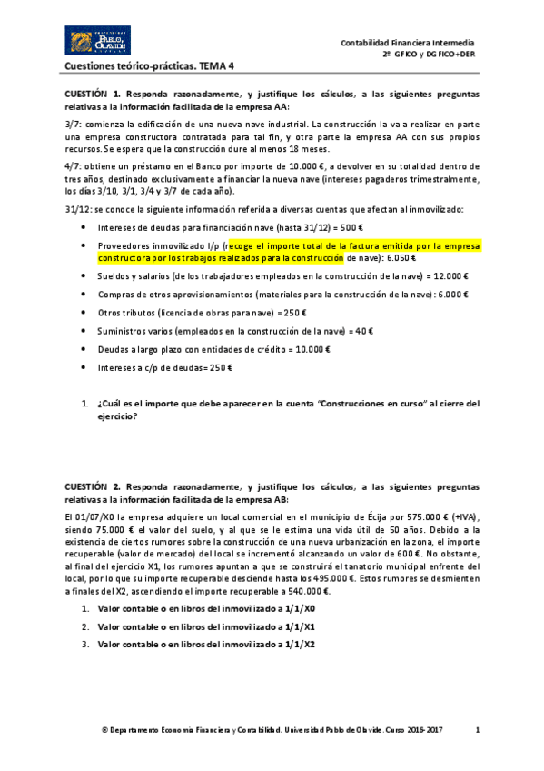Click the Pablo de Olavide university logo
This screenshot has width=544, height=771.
coord(94,42)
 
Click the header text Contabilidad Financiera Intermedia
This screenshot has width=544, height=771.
coord(407,43)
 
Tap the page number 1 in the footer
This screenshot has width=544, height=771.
coord(478,729)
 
